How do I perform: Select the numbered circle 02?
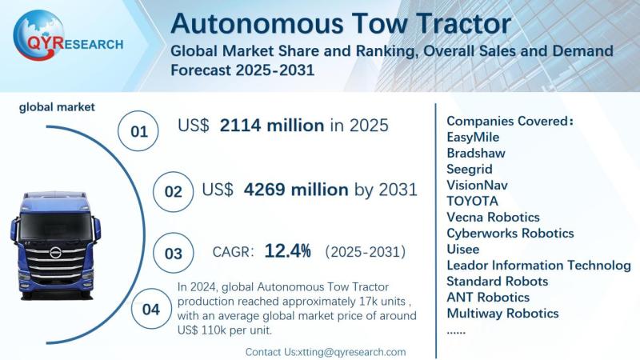[173, 192]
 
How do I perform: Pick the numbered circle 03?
[173, 254]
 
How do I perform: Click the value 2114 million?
[272, 126]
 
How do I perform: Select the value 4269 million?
[295, 190]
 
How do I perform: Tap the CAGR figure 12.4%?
[287, 251]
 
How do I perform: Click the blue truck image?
[56, 240]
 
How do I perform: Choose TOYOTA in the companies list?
[472, 201]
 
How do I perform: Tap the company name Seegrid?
[470, 169]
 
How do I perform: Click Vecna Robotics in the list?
[493, 217]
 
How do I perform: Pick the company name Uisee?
[463, 249]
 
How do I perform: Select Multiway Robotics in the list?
[502, 313]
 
